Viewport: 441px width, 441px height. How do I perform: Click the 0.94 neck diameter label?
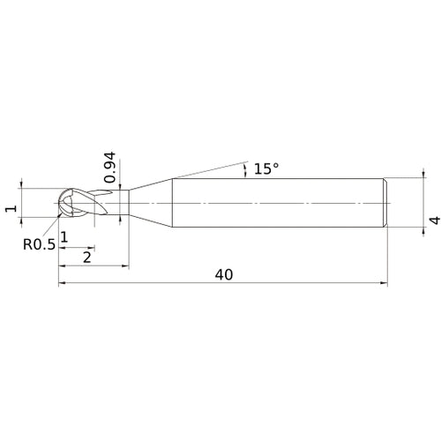pyautogui.click(x=109, y=167)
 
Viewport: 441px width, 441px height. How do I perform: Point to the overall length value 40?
pyautogui.click(x=223, y=274)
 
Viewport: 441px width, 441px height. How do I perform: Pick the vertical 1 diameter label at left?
pyautogui.click(x=10, y=209)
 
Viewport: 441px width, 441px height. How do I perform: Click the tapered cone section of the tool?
pyautogui.click(x=152, y=203)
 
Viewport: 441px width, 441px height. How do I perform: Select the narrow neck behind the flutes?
pyautogui.click(x=116, y=203)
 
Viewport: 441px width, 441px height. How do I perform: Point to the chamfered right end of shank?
pyautogui.click(x=385, y=203)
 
